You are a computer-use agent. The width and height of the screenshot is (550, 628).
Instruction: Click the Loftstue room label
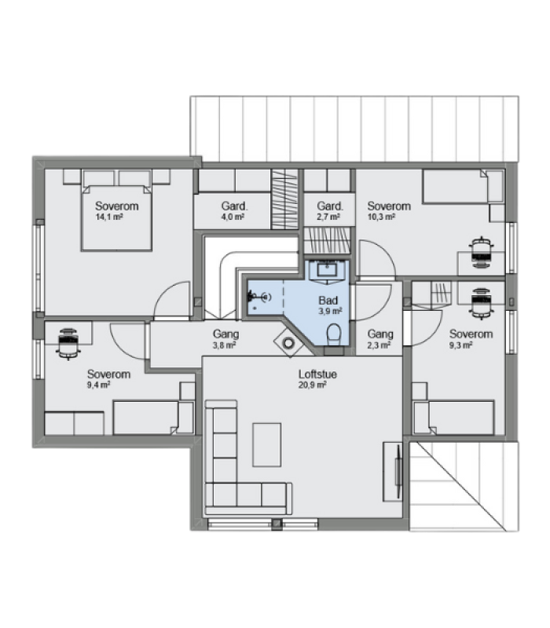317,374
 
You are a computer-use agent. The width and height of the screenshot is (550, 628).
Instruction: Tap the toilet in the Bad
333,335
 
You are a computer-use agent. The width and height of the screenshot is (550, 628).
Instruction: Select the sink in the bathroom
327,269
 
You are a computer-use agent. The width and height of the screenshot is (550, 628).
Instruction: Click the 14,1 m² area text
108,217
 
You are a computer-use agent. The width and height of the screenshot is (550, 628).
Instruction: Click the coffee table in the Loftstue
266,444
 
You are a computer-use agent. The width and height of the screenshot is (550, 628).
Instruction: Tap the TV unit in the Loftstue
393,472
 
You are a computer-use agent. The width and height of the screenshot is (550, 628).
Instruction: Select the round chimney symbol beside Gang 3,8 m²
288,343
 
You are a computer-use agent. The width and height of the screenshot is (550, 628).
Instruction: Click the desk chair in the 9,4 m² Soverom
68,344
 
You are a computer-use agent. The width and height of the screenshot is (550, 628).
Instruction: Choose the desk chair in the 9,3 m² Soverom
481,303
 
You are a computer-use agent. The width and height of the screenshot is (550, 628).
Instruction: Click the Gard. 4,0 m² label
234,211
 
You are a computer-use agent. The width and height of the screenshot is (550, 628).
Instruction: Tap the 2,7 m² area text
329,217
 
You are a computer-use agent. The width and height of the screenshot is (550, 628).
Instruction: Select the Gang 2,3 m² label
380,339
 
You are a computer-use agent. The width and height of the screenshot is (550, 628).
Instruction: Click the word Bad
328,300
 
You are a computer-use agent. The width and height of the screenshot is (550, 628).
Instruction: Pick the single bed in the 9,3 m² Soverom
453,418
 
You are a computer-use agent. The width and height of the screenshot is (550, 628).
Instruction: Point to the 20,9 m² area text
312,385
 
